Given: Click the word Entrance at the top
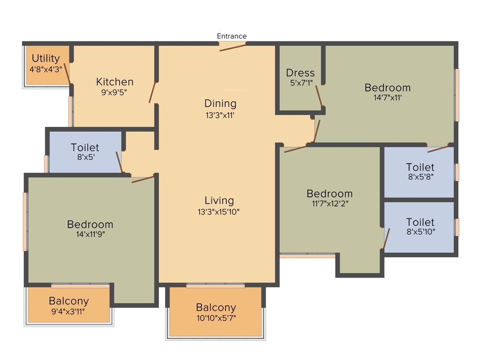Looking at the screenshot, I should (232, 36).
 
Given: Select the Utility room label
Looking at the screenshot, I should (45, 58).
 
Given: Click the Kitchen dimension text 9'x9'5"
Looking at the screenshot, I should (115, 92).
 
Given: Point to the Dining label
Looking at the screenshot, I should (220, 103).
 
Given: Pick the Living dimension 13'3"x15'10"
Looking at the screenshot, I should (219, 212).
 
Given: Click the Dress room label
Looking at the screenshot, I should (300, 73).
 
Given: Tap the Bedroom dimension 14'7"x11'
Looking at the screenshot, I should (388, 98).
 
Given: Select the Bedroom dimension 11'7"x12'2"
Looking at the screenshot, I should (330, 203).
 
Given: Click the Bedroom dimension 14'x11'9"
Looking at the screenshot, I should (90, 234).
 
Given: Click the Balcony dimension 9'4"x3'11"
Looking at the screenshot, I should (68, 311).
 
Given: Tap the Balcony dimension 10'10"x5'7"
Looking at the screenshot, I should (216, 318).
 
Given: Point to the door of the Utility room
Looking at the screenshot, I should (68, 73).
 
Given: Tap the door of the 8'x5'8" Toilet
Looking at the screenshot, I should (438, 149).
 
